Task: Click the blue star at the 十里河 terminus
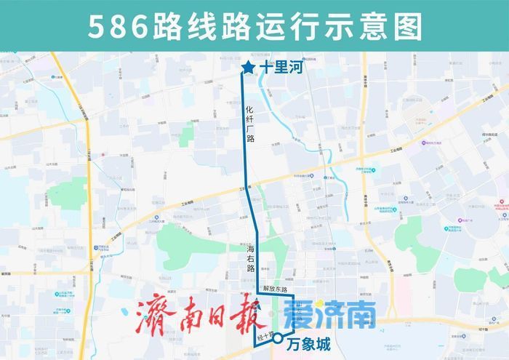click(x=248, y=69)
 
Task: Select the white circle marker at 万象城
click(x=278, y=339)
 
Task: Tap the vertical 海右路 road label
click(x=250, y=258)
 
